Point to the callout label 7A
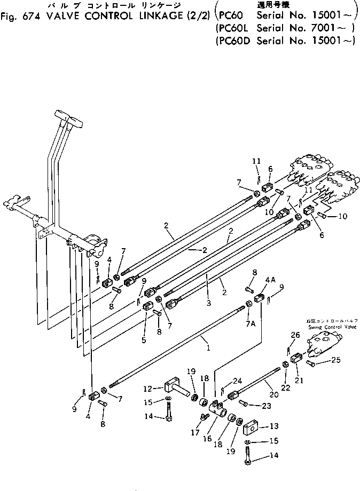(249, 324)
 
